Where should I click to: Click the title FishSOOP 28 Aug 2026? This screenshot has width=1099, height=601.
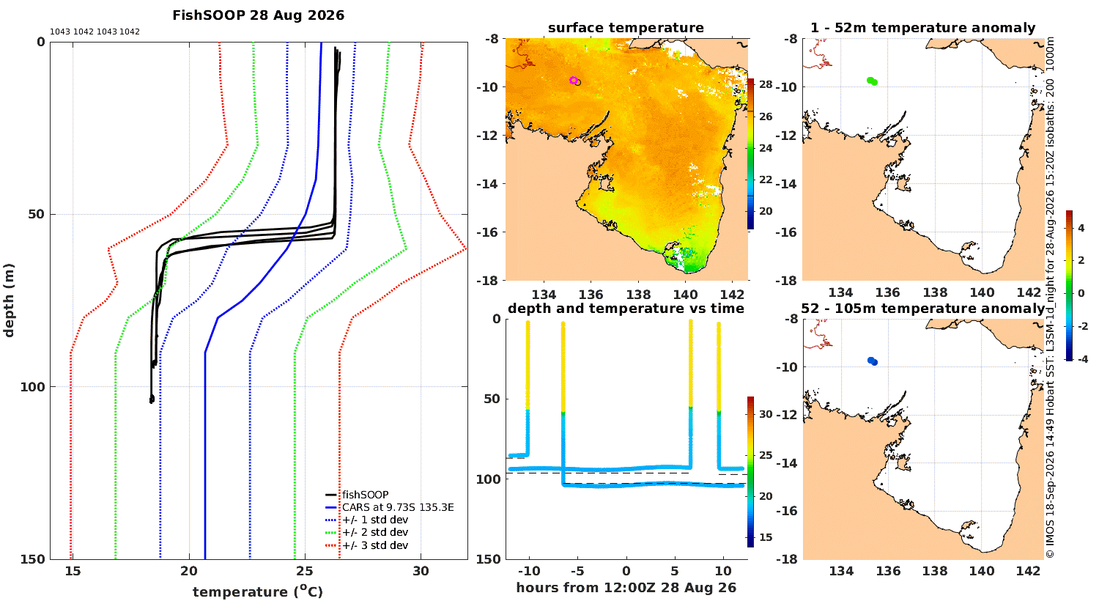258,15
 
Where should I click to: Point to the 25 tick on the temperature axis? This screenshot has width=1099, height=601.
305,571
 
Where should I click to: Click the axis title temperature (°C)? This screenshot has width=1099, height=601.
258,591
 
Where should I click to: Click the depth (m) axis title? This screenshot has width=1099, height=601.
9,300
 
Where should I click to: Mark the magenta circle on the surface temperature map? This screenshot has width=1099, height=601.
573,81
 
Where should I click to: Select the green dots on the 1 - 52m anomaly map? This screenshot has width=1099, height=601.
872,81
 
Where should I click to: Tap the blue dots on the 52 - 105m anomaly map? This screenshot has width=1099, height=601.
873,361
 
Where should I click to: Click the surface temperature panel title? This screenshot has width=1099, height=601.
626,28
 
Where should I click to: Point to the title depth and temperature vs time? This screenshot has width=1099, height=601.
626,309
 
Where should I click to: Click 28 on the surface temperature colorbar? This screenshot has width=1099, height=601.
766,84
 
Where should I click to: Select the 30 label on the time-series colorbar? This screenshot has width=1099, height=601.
766,414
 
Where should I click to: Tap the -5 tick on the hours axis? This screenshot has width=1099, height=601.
577,571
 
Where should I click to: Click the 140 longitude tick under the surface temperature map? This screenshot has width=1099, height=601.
685,295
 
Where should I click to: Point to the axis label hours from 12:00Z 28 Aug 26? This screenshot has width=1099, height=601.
626,588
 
